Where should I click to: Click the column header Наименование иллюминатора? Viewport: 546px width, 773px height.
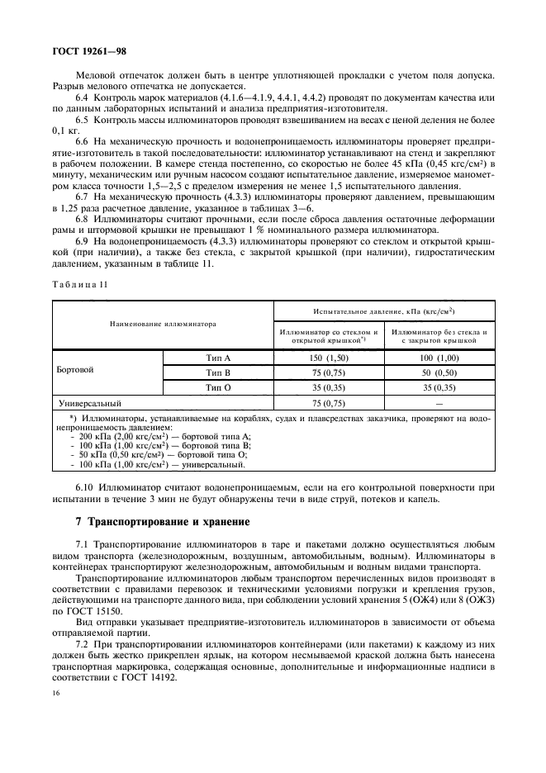164,324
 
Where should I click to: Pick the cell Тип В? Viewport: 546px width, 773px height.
218,372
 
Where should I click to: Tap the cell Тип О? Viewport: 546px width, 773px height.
218,386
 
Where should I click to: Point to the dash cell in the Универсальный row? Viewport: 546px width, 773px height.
439,403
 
